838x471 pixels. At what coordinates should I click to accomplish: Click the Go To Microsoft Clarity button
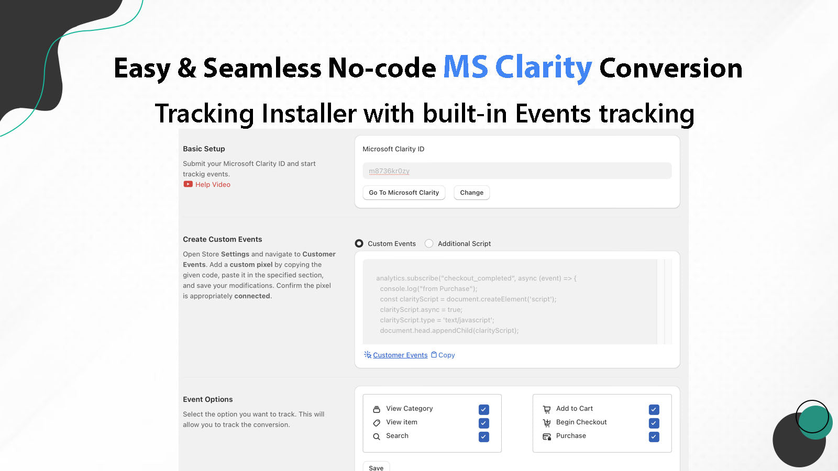pos(404,193)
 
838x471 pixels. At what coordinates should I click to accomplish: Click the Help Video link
pos(213,185)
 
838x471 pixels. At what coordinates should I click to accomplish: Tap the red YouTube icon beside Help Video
pos(188,184)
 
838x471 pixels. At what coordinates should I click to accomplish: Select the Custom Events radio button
pos(359,243)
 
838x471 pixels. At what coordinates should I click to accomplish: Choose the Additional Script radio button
pos(429,243)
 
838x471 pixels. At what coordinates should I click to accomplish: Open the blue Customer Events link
pos(400,355)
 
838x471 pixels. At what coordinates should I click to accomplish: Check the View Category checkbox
pos(484,409)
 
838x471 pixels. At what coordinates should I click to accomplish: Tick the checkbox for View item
pos(484,423)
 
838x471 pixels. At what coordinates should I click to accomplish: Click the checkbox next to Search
pos(484,436)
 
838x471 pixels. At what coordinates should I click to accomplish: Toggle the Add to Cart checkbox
pos(654,409)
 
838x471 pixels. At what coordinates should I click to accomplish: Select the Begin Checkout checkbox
pos(654,423)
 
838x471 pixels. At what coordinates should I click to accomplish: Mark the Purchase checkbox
pos(654,436)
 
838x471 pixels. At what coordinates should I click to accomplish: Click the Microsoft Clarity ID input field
pos(516,171)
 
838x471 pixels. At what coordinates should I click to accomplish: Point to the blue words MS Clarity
pos(517,68)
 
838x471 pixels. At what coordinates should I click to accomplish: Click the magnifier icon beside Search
pos(377,436)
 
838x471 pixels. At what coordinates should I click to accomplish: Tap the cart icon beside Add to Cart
pos(547,409)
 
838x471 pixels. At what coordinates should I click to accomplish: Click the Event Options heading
pos(208,399)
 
